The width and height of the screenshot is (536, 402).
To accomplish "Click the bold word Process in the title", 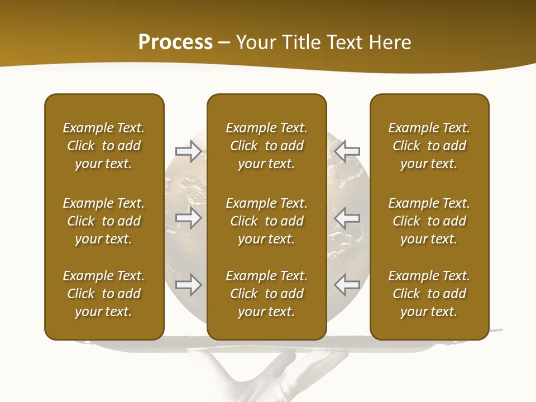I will coord(175,42).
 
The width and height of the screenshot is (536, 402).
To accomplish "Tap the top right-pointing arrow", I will coord(188,151).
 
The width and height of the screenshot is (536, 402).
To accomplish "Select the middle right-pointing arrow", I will coord(188,218).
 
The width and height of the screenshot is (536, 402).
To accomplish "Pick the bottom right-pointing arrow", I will coord(188,285).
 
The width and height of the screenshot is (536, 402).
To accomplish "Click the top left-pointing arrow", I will coord(347,151).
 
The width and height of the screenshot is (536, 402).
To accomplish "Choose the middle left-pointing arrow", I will coord(347,218).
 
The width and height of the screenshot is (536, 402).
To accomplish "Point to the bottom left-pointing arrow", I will coord(347,285).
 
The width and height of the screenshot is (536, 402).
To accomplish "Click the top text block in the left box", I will coord(104,146).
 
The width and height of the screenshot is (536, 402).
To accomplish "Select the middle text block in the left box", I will coord(104,221).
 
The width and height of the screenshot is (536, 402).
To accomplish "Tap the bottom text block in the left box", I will coord(104,294).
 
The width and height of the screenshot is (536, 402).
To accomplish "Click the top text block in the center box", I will coord(266,146).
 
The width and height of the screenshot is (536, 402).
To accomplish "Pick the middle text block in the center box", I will coord(266,221).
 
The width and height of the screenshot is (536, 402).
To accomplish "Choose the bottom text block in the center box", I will coord(266,294).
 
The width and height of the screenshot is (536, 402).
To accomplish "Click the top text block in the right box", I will coord(429,146).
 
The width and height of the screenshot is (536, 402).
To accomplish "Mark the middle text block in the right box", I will coord(429,221).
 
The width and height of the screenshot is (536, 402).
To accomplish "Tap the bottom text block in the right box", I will coord(429,294).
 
